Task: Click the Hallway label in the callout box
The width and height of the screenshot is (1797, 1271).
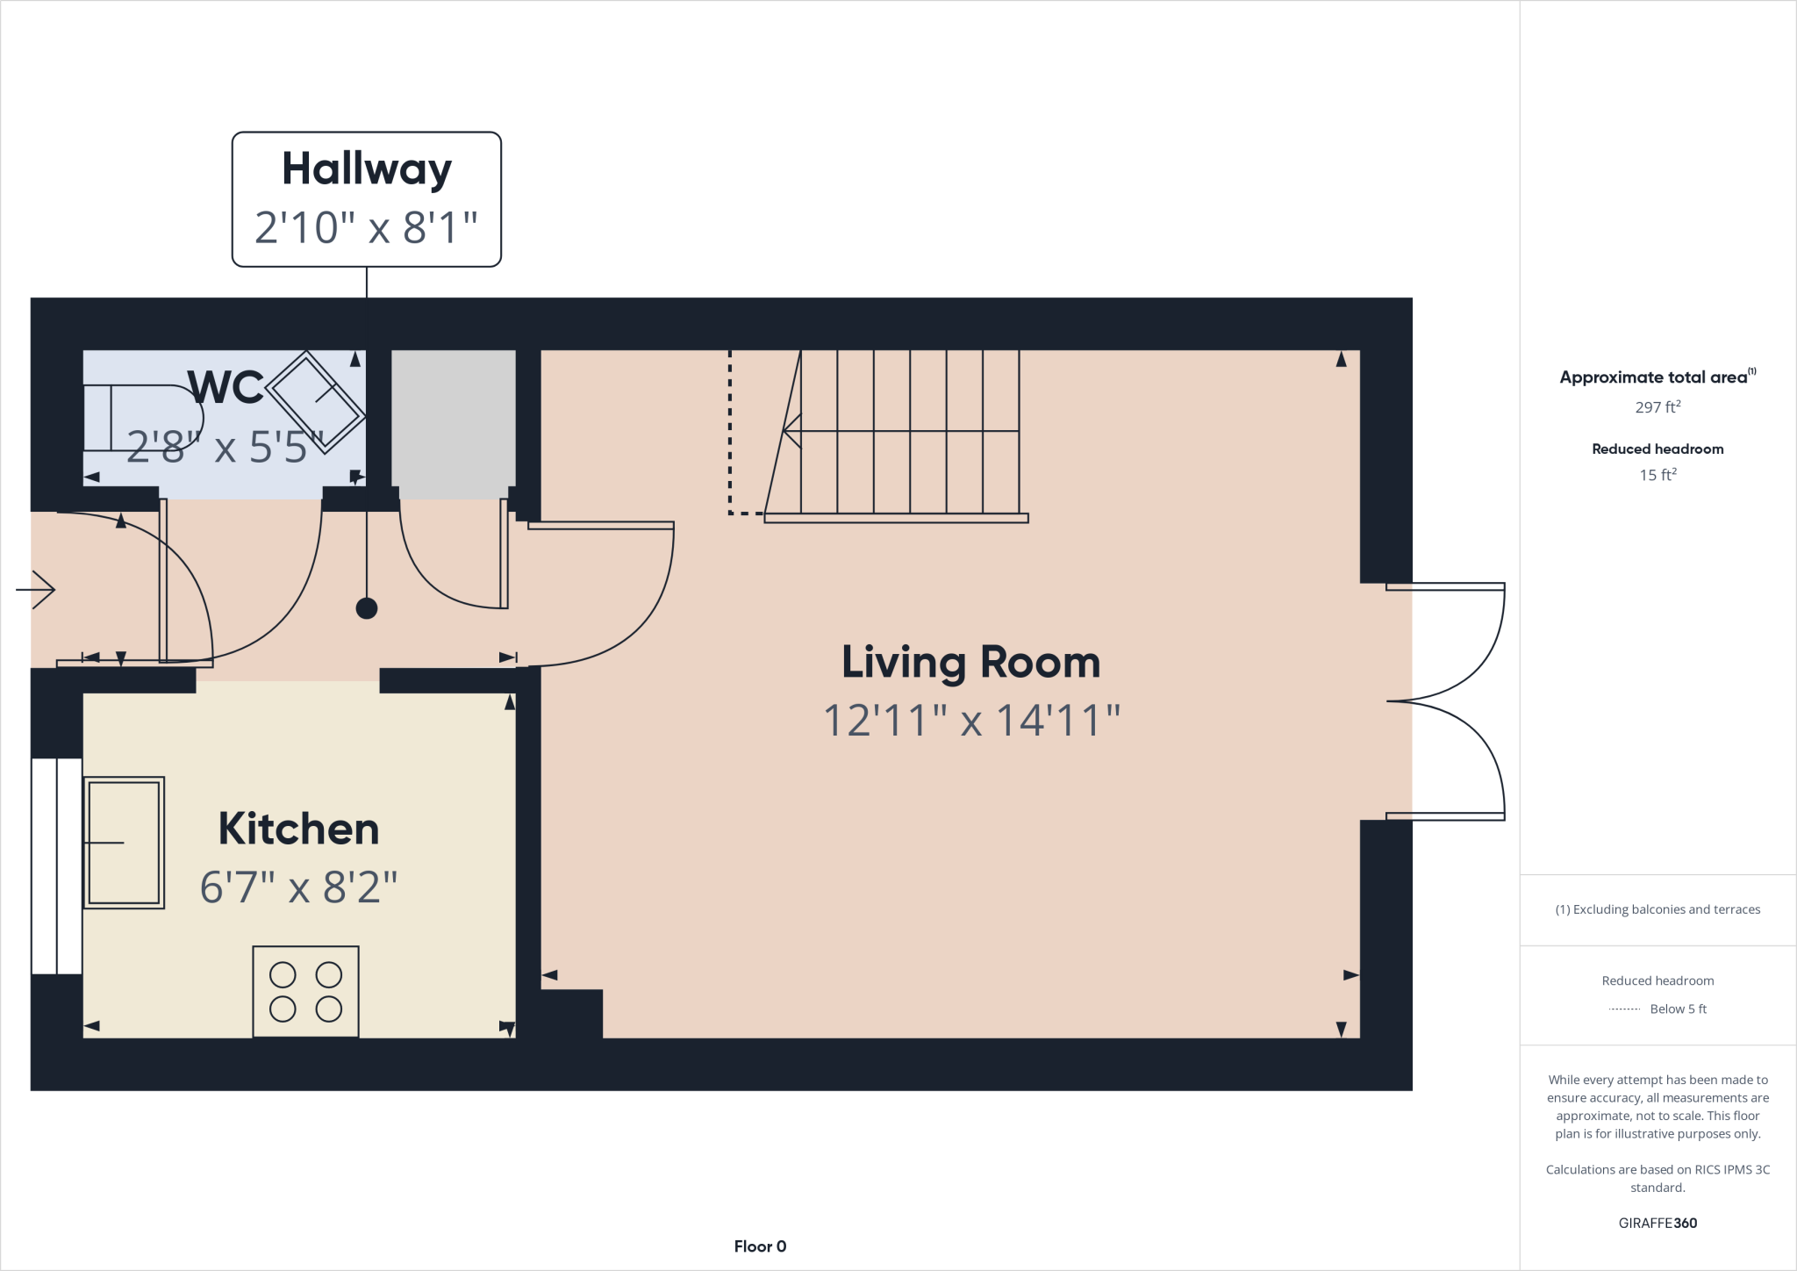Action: [366, 169]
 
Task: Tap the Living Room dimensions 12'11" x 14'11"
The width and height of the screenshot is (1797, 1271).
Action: [971, 721]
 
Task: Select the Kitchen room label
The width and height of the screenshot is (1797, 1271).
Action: [298, 829]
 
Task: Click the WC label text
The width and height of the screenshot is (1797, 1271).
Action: [226, 387]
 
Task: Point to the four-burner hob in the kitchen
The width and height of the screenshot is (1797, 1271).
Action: [305, 992]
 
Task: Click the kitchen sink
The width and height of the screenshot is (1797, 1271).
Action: [124, 842]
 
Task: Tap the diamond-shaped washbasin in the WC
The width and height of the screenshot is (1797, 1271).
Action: [315, 403]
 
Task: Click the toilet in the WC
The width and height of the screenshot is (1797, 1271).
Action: [140, 418]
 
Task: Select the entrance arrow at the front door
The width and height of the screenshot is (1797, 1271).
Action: [36, 589]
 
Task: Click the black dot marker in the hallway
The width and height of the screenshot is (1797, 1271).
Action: [367, 608]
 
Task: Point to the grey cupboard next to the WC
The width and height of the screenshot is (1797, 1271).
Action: [453, 424]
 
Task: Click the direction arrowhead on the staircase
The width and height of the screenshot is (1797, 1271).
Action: [791, 431]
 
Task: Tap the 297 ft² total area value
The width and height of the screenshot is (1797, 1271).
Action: [1657, 407]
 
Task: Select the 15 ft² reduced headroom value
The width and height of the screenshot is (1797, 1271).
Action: [1657, 475]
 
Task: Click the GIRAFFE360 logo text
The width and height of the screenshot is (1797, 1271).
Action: [1657, 1223]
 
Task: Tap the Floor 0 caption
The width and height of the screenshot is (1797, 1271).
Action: [760, 1246]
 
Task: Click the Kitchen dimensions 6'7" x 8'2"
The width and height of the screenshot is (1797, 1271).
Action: [298, 887]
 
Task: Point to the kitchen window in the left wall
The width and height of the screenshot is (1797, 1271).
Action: [56, 865]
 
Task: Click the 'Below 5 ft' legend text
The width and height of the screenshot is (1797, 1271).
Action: [1678, 1009]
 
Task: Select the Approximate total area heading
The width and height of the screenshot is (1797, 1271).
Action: [1653, 377]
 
